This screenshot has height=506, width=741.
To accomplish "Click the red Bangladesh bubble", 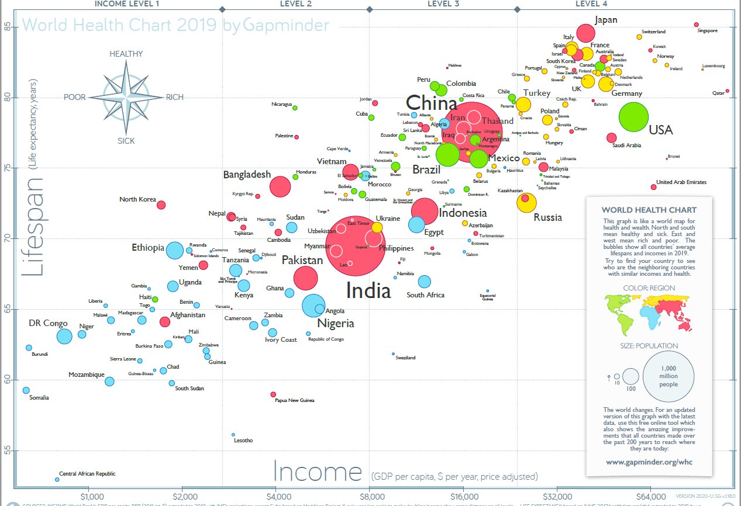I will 280,186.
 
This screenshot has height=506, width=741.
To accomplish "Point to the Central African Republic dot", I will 57,479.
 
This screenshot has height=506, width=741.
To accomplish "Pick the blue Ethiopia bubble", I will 175,250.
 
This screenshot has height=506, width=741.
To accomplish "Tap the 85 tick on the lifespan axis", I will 8,26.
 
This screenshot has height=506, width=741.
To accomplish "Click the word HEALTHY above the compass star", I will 126,54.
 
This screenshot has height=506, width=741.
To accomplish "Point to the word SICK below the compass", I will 126,141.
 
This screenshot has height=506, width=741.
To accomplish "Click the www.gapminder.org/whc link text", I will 649,462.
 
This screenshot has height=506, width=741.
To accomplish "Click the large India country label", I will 368,290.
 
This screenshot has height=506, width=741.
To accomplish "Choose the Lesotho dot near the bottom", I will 233,435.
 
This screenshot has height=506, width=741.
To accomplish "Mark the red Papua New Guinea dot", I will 273,394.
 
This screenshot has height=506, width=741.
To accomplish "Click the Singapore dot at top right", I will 696,25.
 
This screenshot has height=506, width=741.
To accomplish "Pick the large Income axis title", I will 318,472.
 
